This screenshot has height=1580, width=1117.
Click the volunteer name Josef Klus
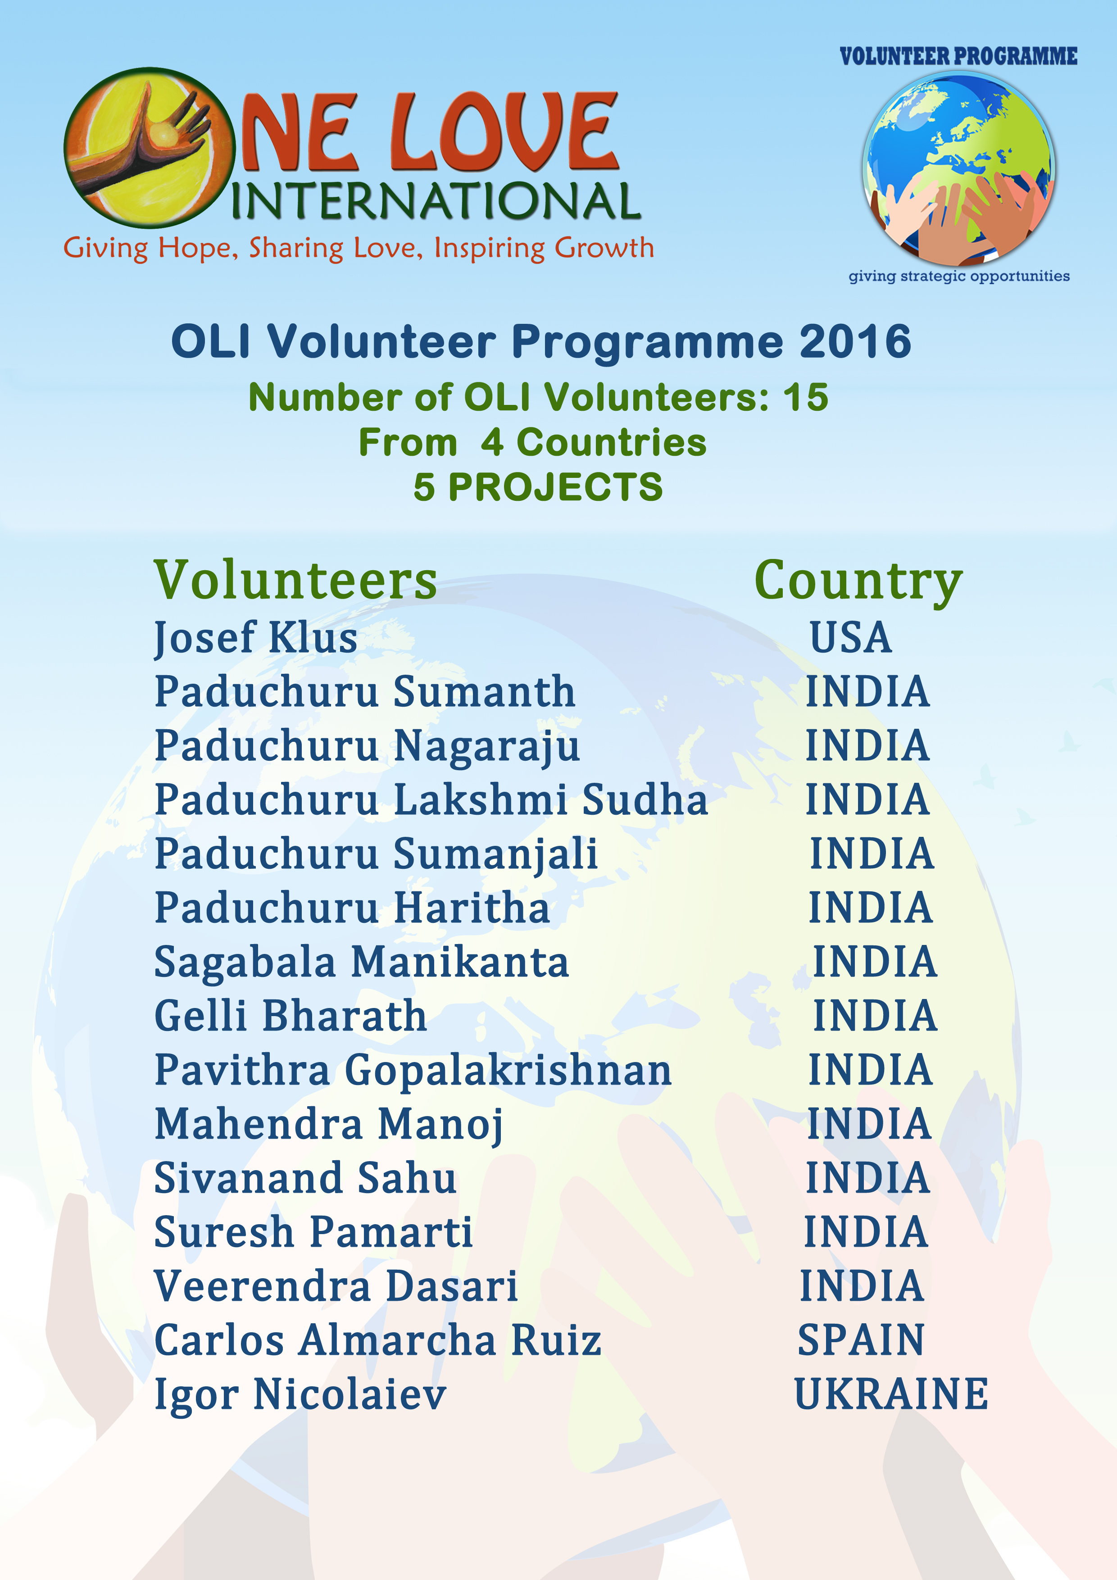[x=255, y=638]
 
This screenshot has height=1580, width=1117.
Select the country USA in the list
[x=851, y=637]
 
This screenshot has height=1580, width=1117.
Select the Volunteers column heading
[x=295, y=580]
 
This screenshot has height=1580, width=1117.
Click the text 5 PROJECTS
[x=538, y=487]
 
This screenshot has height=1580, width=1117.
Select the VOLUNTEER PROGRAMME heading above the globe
[x=959, y=56]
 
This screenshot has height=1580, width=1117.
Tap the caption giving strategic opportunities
[x=959, y=277]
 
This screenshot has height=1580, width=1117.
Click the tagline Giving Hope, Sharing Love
[x=243, y=249]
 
